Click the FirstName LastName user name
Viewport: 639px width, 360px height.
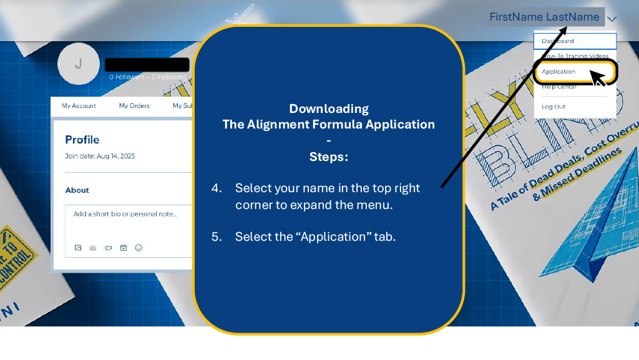tap(544, 17)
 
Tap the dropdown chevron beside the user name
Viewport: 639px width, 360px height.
tap(612, 19)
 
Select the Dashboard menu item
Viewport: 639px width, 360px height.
tap(558, 41)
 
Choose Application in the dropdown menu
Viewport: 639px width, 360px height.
tap(559, 72)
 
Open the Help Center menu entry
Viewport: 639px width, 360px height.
tap(559, 87)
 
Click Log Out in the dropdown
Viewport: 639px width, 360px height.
tap(554, 107)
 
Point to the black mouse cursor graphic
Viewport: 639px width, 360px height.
tap(598, 79)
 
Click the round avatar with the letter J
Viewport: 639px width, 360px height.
tap(78, 63)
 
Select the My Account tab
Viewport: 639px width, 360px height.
tap(79, 106)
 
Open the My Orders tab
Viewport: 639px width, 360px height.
tap(134, 106)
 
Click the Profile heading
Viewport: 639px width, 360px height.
tap(82, 140)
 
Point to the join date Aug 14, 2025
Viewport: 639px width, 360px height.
tap(100, 156)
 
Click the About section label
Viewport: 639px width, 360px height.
tap(77, 190)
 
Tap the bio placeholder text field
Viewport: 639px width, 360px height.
tap(125, 214)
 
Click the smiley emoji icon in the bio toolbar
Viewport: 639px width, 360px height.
tap(139, 248)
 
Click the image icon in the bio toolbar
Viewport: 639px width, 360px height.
tap(78, 248)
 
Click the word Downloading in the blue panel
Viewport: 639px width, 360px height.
tap(329, 109)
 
